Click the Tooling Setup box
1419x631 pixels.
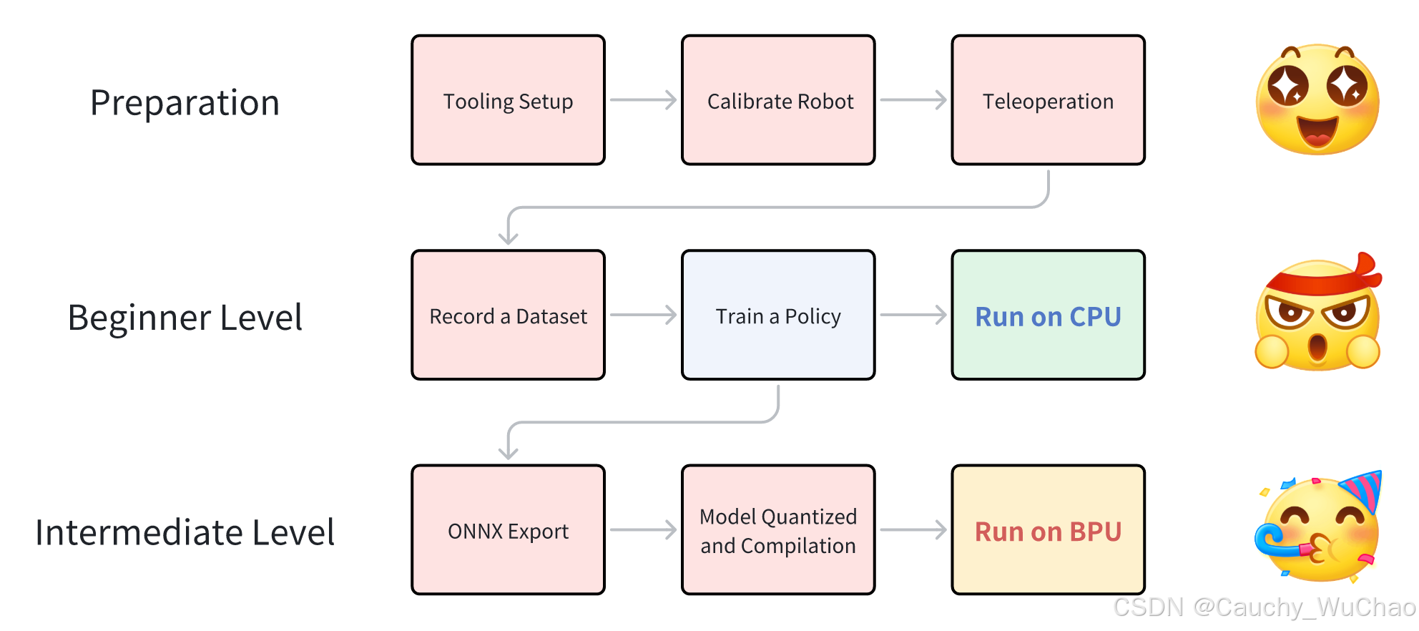pyautogui.click(x=508, y=100)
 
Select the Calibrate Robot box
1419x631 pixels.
pyautogui.click(x=778, y=100)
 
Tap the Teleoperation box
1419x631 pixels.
pyautogui.click(x=1048, y=100)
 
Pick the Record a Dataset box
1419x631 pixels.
pyautogui.click(x=508, y=315)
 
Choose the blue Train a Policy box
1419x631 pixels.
pyautogui.click(x=778, y=315)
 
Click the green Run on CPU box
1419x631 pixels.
pyautogui.click(x=1048, y=315)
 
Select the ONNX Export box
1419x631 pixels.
pyautogui.click(x=508, y=530)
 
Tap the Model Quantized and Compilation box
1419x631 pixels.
pyautogui.click(x=778, y=530)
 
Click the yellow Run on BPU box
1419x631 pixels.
pyautogui.click(x=1048, y=530)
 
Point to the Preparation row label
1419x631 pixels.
pyautogui.click(x=185, y=103)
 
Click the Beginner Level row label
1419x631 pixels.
pyautogui.click(x=185, y=318)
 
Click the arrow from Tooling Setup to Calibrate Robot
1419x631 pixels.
pyautogui.click(x=643, y=100)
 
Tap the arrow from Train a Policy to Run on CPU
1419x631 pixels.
pyautogui.click(x=913, y=315)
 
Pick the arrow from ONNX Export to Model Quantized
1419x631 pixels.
pyautogui.click(x=643, y=530)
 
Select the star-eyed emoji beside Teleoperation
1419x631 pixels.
pyautogui.click(x=1317, y=99)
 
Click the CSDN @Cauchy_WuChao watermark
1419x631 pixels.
pyautogui.click(x=1264, y=607)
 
